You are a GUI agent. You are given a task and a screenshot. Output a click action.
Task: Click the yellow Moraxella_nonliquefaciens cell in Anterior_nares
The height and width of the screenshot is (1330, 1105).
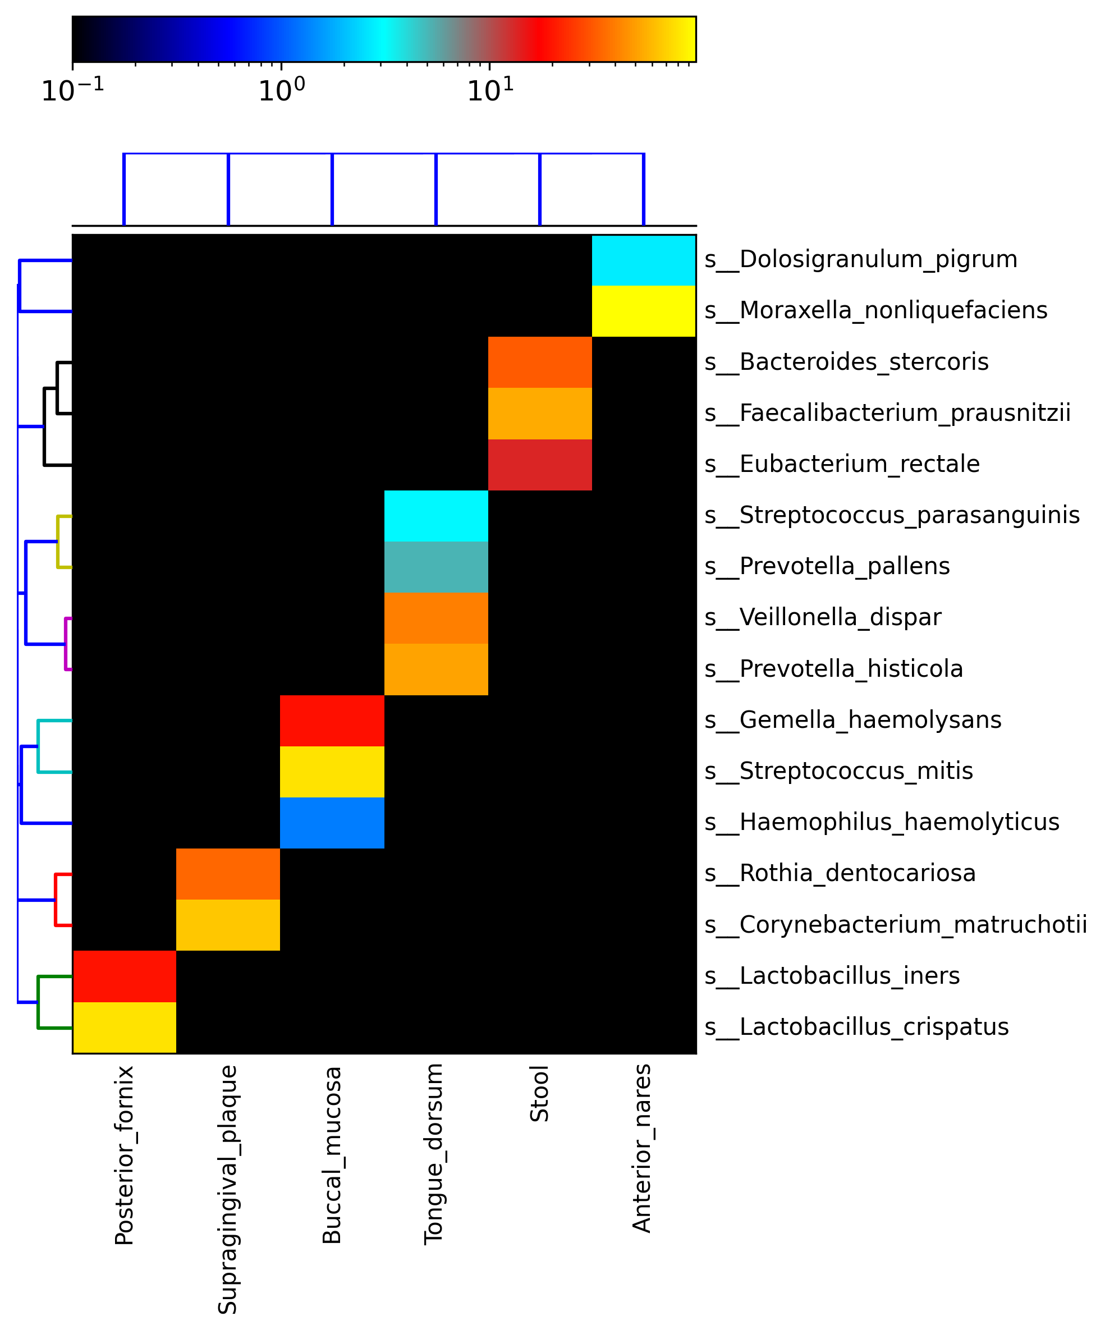pyautogui.click(x=643, y=311)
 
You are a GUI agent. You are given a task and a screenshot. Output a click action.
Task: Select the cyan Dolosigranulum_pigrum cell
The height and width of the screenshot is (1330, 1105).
pyautogui.click(x=643, y=260)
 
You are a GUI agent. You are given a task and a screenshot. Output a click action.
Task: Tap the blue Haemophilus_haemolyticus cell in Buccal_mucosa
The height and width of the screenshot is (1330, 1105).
pyautogui.click(x=332, y=822)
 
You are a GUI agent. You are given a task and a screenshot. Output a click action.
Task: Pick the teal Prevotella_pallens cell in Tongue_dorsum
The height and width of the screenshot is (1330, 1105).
pyautogui.click(x=435, y=566)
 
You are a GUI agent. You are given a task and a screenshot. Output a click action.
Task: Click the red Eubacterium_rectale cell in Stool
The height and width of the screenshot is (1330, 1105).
pyautogui.click(x=539, y=464)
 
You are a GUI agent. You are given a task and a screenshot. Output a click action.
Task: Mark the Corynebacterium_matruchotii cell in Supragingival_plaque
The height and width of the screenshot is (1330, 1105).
pyautogui.click(x=228, y=925)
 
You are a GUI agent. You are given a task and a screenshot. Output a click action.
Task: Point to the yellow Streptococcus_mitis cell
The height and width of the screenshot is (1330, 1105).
pyautogui.click(x=332, y=772)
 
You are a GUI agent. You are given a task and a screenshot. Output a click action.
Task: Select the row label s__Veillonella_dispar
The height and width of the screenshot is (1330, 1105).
pyautogui.click(x=823, y=617)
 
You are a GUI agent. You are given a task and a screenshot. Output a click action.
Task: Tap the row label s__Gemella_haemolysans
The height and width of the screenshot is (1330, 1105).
pyautogui.click(x=853, y=720)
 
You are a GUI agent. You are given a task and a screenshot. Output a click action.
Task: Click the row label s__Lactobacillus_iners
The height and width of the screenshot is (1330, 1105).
pyautogui.click(x=832, y=976)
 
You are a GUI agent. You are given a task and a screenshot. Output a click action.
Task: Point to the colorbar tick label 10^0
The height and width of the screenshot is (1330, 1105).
pyautogui.click(x=281, y=90)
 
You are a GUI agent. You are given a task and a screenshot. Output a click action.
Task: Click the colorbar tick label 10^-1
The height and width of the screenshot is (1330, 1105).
pyautogui.click(x=73, y=90)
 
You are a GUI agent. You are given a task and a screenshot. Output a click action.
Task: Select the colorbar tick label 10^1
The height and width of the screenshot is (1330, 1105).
pyautogui.click(x=489, y=90)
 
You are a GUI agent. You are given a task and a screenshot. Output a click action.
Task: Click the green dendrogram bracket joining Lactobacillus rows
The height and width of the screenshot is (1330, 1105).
pyautogui.click(x=38, y=1002)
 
